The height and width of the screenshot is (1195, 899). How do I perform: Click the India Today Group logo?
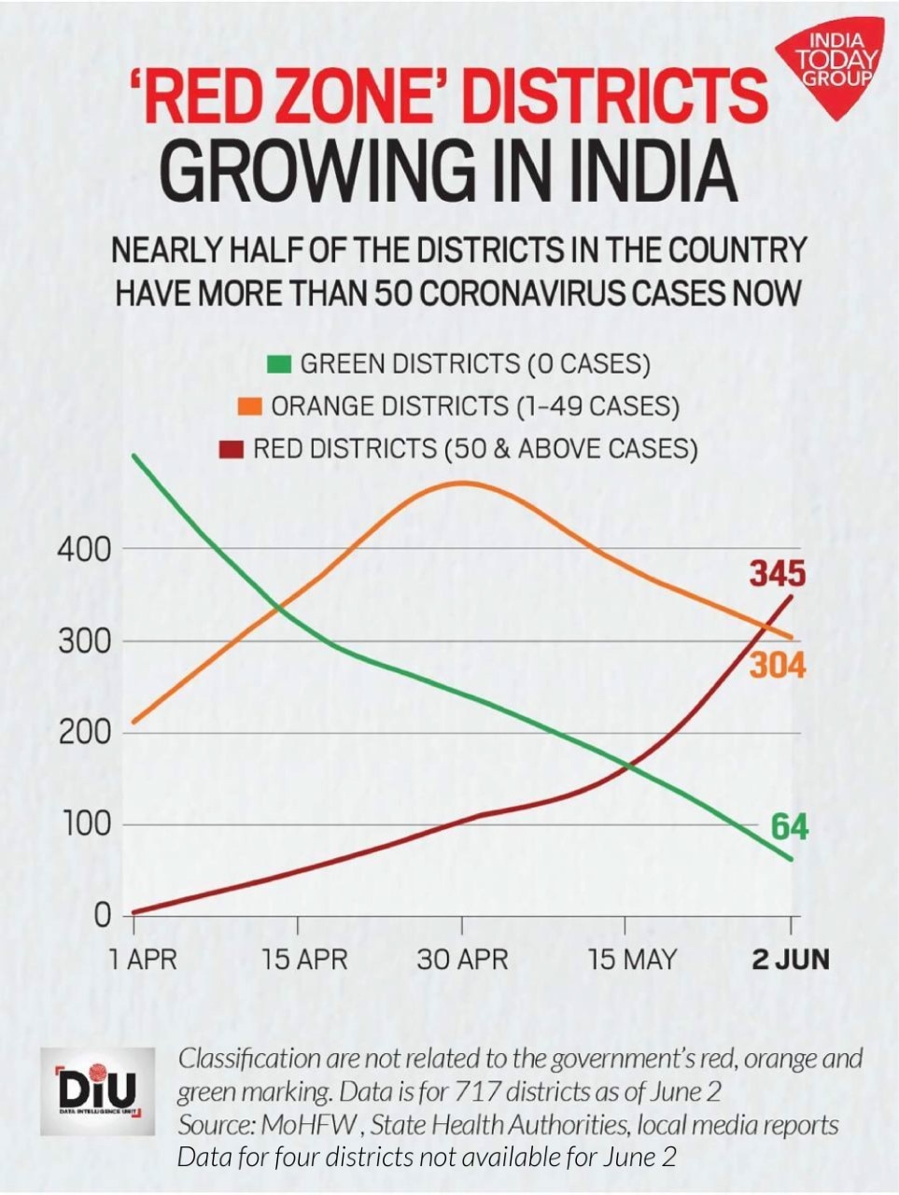click(x=835, y=65)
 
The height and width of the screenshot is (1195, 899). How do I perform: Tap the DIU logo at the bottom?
click(x=97, y=1090)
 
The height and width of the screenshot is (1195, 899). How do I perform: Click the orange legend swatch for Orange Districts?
click(x=249, y=406)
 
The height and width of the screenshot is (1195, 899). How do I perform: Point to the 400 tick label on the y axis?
click(x=84, y=549)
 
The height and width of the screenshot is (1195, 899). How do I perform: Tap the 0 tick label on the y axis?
click(x=101, y=916)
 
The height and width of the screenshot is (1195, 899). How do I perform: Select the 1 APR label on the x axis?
click(x=142, y=959)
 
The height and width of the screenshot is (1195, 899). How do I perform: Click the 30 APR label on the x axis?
click(x=462, y=959)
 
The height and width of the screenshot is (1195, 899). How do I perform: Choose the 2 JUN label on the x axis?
click(x=790, y=959)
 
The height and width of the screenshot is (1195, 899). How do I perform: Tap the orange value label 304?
click(x=777, y=666)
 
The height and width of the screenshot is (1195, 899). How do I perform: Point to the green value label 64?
click(x=789, y=826)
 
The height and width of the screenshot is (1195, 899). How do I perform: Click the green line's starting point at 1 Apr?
click(x=134, y=456)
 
